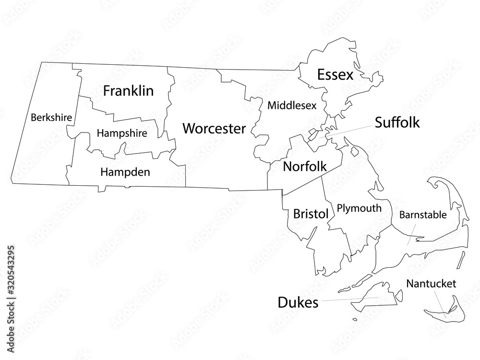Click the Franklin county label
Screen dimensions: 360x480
128,91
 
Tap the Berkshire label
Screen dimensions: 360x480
51,117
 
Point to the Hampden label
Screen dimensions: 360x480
125,171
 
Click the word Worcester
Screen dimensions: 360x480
214,129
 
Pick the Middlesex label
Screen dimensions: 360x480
292,105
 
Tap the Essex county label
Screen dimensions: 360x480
335,75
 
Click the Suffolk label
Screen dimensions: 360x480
397,122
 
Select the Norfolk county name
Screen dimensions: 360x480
305,167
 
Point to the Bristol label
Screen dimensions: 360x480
311,214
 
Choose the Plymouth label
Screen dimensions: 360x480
359,208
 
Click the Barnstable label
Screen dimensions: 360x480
423,215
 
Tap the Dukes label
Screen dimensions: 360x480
298,302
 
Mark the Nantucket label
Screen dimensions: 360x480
431,284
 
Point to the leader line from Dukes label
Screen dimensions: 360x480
348,300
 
